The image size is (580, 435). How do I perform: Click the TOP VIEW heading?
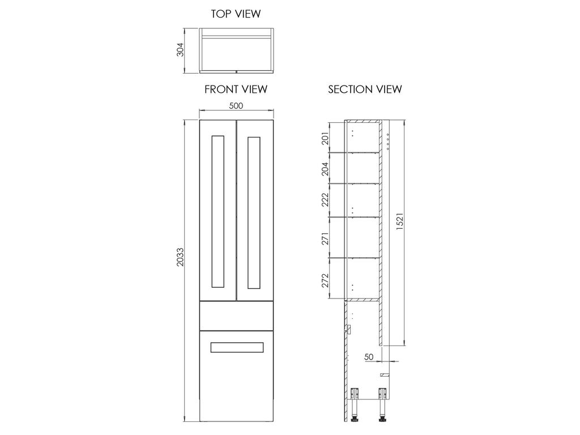coord(236,14)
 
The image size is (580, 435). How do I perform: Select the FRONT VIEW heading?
coord(236,89)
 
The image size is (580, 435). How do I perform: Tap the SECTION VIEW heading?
coord(365,89)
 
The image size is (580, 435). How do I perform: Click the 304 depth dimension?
coord(180,50)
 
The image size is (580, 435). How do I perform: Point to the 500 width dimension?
coord(236,106)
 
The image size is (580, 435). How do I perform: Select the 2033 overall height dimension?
coord(180,257)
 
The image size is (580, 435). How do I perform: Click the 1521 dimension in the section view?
coord(400,221)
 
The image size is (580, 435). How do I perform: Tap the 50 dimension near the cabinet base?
coord(369,357)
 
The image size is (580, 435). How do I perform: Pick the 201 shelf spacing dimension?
coord(325,138)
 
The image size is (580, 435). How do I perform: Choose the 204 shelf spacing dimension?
coord(325,169)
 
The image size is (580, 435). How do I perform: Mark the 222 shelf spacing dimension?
coord(325,200)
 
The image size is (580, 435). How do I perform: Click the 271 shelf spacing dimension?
coord(325,238)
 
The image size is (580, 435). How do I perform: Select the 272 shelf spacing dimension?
coord(325,280)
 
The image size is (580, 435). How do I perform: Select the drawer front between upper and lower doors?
coord(236,315)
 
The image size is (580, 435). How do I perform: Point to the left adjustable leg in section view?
coord(355,404)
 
